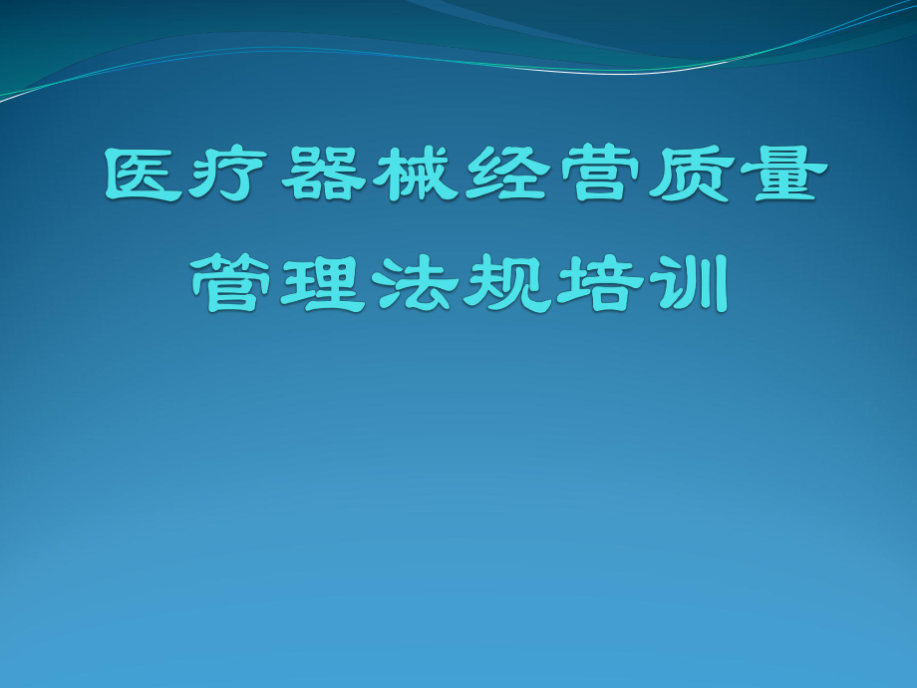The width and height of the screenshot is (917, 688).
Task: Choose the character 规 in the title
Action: click(502, 284)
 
